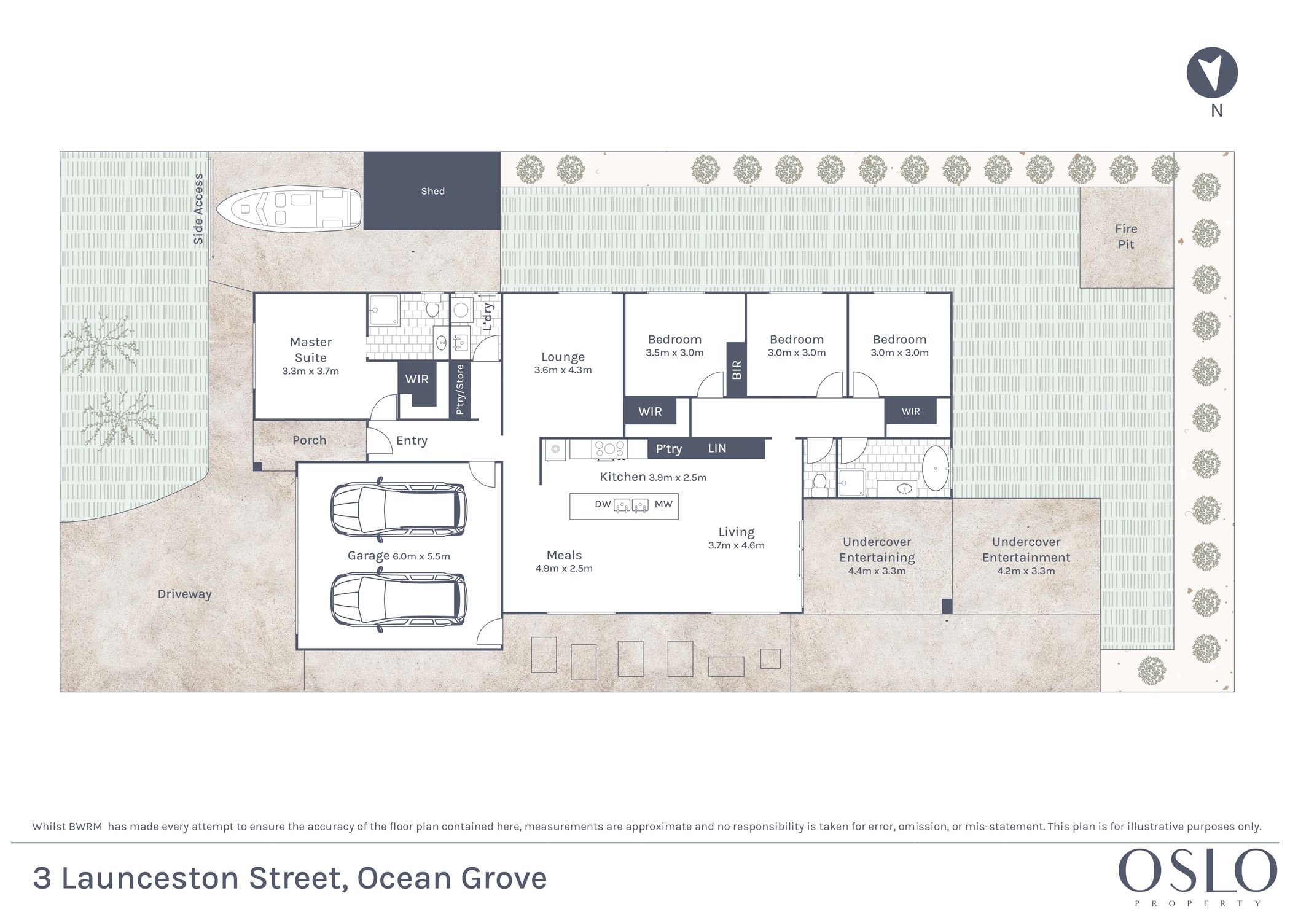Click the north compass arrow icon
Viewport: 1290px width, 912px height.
tap(1211, 72)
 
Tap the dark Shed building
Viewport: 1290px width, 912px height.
tap(432, 191)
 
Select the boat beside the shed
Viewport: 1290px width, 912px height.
tap(289, 209)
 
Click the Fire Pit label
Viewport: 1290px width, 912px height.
tap(1126, 236)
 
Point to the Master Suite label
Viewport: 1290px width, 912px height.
tap(311, 349)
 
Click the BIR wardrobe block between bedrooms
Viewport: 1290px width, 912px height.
tap(736, 369)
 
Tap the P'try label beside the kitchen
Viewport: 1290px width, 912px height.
tap(668, 449)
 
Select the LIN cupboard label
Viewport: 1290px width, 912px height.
tap(717, 448)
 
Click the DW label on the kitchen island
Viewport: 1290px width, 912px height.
tap(603, 504)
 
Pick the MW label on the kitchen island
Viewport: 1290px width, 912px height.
tap(663, 504)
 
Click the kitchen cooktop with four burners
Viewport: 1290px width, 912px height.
tap(609, 449)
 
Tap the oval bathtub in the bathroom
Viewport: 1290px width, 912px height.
tap(935, 468)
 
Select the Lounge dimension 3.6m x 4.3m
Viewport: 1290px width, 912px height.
tap(563, 370)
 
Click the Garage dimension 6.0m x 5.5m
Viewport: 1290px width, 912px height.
tap(421, 556)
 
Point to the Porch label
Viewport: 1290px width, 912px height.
tap(309, 440)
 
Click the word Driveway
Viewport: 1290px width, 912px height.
tap(184, 594)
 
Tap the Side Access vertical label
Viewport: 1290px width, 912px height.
tap(198, 209)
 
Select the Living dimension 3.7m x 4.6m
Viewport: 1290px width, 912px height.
tap(736, 545)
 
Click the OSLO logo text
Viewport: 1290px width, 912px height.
tap(1197, 871)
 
